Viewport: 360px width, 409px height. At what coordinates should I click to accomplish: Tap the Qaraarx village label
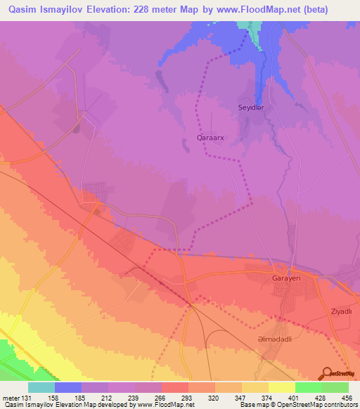(x=210, y=138)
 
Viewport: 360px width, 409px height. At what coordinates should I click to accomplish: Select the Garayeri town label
(x=286, y=278)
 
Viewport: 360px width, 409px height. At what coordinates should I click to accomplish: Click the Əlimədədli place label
(x=275, y=338)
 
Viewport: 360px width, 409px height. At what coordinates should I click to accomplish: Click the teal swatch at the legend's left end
(x=41, y=387)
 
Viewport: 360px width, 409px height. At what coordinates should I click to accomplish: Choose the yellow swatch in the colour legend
(x=281, y=387)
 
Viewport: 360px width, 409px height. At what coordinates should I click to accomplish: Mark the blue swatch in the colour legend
(x=68, y=387)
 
